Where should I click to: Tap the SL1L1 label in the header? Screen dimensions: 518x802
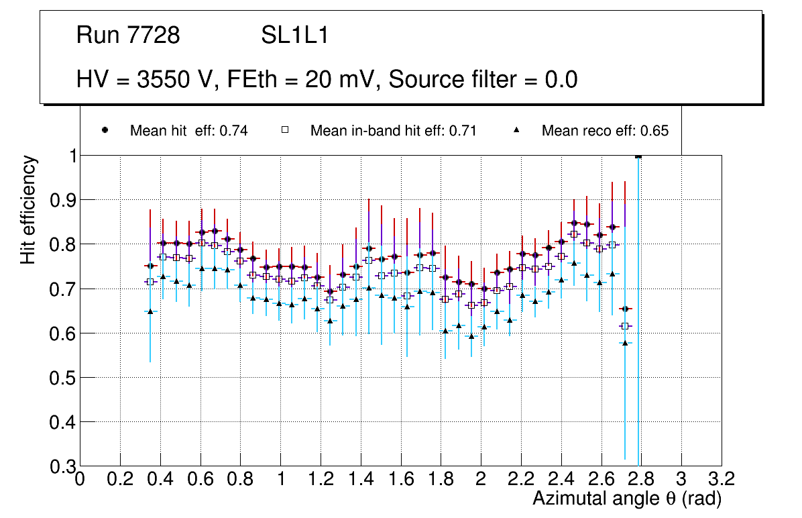coord(294,36)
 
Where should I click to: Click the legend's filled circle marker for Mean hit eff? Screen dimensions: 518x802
coord(105,130)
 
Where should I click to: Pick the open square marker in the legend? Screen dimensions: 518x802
coord(285,130)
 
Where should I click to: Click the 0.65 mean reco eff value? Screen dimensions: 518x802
coord(654,131)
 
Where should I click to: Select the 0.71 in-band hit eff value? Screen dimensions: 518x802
coord(463,131)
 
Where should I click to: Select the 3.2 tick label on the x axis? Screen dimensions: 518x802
coord(721,479)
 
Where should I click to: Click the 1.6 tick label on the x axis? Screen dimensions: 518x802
coord(400,479)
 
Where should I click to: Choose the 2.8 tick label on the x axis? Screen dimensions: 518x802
coord(641,479)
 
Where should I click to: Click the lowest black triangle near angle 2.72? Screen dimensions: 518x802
coord(625,343)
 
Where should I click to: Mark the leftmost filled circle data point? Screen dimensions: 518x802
coord(150,266)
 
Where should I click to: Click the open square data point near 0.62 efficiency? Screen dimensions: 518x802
coord(625,326)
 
